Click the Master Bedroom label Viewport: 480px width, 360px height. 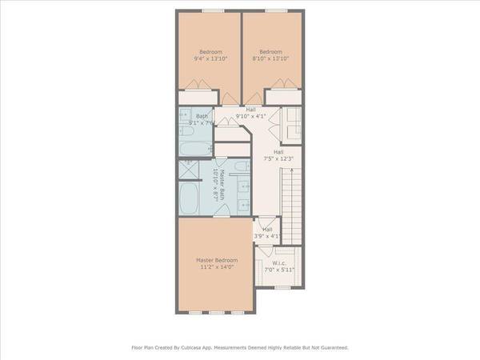pos(214,260)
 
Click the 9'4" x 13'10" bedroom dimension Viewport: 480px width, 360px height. pos(210,58)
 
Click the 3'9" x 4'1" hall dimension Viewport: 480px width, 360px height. pos(266,236)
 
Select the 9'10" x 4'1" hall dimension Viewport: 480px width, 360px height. pos(251,116)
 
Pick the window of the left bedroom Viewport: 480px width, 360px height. pos(211,10)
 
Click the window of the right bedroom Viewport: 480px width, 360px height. pos(275,10)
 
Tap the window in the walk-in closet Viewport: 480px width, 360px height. pos(282,287)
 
